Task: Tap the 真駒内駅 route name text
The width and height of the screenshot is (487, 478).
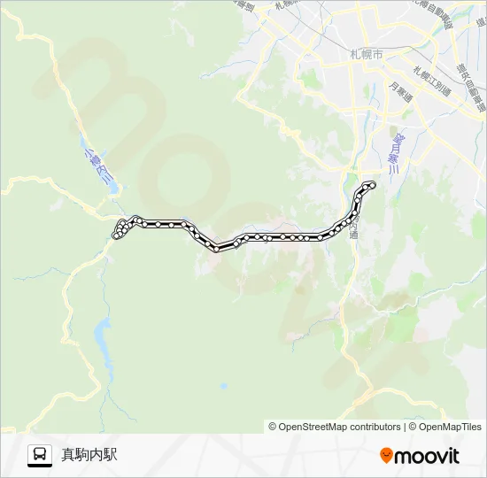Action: click(x=89, y=455)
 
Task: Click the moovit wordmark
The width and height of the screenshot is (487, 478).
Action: click(x=427, y=456)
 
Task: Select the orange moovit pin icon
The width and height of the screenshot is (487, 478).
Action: click(x=386, y=456)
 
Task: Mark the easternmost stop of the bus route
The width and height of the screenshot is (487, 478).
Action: click(x=372, y=184)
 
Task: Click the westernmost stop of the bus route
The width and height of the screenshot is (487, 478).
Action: click(x=116, y=235)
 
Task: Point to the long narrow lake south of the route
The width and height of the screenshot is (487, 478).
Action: click(x=103, y=344)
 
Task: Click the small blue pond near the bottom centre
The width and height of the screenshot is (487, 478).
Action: click(x=224, y=386)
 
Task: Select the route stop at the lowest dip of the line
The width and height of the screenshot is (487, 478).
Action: click(x=215, y=249)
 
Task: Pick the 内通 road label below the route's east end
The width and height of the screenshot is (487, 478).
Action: click(x=354, y=231)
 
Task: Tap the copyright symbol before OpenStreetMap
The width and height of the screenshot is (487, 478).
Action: click(x=273, y=427)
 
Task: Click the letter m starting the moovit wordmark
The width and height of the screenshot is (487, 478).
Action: click(x=403, y=457)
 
